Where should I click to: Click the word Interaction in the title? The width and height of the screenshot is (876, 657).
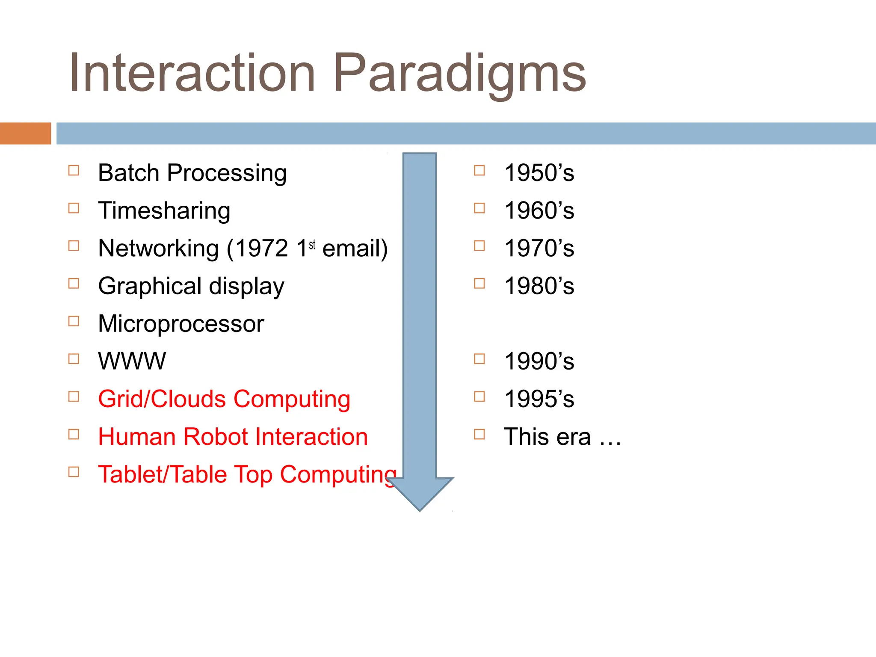[x=192, y=73]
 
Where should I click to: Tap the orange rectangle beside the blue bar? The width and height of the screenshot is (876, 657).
[x=25, y=133]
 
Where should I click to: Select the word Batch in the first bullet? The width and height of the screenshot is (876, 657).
[x=128, y=173]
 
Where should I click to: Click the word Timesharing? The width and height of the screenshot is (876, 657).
[x=164, y=211]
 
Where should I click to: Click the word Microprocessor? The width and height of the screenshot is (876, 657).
[x=181, y=324]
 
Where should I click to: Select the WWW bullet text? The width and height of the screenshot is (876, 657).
[x=132, y=361]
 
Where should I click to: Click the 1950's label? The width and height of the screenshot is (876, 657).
[x=539, y=173]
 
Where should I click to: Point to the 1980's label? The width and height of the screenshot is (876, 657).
[x=539, y=286]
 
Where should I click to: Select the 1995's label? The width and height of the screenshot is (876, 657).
[x=539, y=399]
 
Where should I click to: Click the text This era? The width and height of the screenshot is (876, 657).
[x=547, y=437]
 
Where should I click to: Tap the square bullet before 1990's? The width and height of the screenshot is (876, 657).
[x=479, y=358]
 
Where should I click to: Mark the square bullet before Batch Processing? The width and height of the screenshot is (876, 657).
[x=74, y=170]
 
